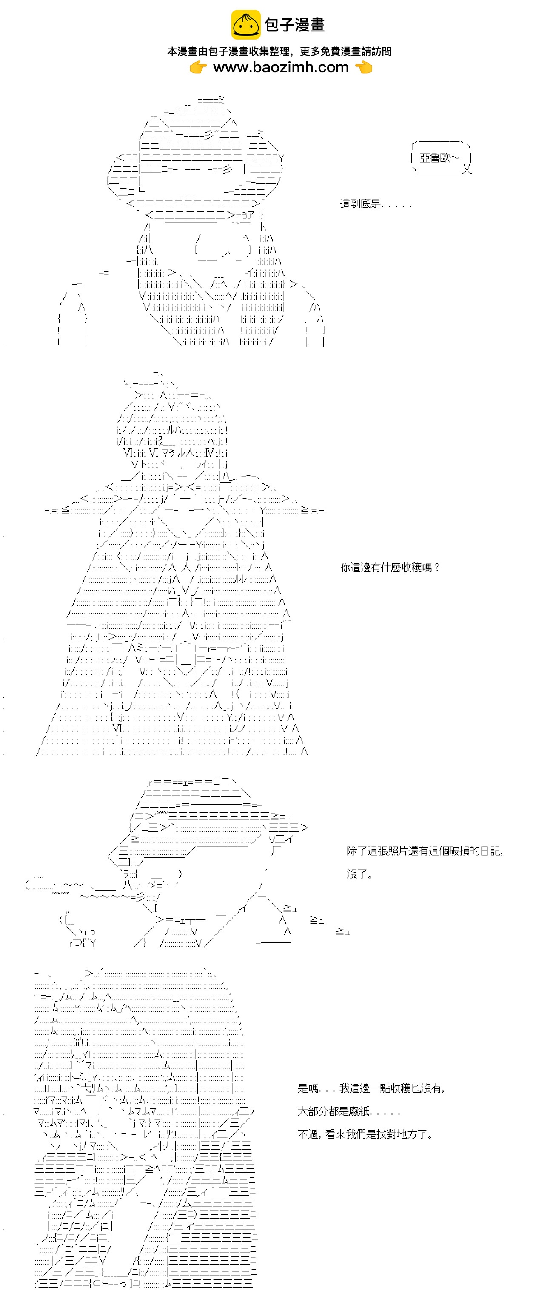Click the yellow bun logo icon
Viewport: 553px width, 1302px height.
click(x=246, y=24)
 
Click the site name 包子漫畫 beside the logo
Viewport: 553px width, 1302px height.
click(x=295, y=25)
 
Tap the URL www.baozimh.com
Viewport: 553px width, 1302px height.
click(x=281, y=67)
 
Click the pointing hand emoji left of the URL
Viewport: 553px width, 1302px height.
click(x=198, y=67)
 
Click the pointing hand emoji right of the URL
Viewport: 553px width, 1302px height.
click(x=363, y=67)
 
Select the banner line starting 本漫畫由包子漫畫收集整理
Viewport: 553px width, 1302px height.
click(x=279, y=51)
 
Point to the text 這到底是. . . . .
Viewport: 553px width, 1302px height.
click(x=376, y=204)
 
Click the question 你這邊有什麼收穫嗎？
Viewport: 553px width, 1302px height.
click(x=390, y=568)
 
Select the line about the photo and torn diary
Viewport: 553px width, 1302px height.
click(x=425, y=851)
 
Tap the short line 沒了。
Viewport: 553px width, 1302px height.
click(x=360, y=874)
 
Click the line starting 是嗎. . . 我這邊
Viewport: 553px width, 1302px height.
click(x=371, y=1088)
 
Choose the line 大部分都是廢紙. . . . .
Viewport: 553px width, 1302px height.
click(x=349, y=1111)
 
